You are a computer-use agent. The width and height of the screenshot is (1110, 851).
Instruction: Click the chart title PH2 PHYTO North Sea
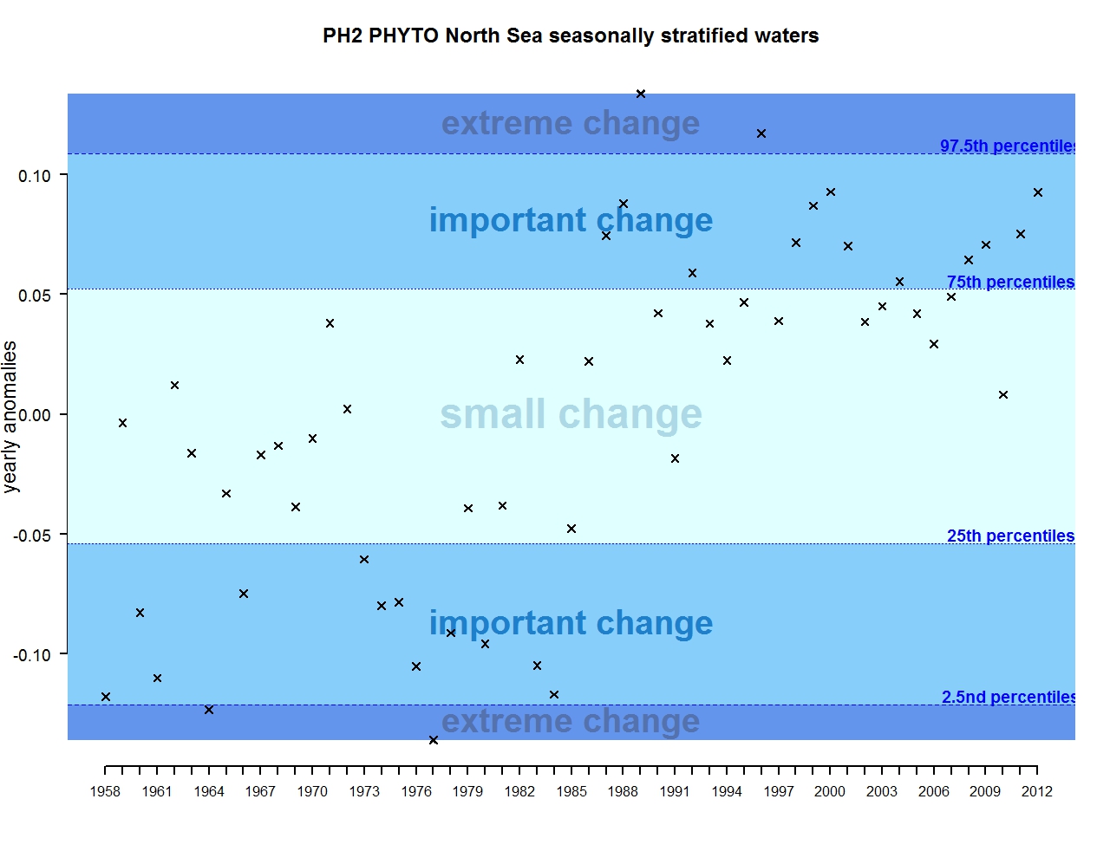(571, 36)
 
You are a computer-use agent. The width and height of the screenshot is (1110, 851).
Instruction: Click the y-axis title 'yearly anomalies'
(10, 417)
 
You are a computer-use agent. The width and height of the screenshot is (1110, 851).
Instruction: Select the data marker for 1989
(641, 94)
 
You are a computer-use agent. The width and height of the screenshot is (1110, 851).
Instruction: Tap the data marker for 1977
(434, 740)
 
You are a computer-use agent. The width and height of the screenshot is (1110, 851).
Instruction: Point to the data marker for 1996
(761, 133)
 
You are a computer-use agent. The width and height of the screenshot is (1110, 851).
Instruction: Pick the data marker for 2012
(1038, 192)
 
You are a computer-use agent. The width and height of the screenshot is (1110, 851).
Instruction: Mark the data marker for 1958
(106, 697)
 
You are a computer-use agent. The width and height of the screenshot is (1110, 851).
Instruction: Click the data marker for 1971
(330, 323)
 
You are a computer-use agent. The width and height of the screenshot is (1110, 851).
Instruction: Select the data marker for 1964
(209, 710)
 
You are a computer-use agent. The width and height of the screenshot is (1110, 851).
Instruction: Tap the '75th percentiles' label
(1010, 282)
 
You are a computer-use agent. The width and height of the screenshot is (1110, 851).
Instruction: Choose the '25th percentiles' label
(1010, 536)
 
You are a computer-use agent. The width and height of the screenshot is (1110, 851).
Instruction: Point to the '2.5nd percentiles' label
(1009, 697)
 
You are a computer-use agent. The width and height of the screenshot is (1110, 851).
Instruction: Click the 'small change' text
(571, 414)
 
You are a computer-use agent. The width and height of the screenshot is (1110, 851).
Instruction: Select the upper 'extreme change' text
(571, 123)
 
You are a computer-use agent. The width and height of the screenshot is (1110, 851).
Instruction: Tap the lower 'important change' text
(571, 623)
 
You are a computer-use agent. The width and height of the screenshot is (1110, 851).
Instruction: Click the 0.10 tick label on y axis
(35, 176)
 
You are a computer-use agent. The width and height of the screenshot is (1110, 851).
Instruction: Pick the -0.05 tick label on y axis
(32, 536)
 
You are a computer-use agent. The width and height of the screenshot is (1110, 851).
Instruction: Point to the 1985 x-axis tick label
(571, 791)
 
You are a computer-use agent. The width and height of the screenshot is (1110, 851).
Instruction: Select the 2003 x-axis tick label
(882, 791)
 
